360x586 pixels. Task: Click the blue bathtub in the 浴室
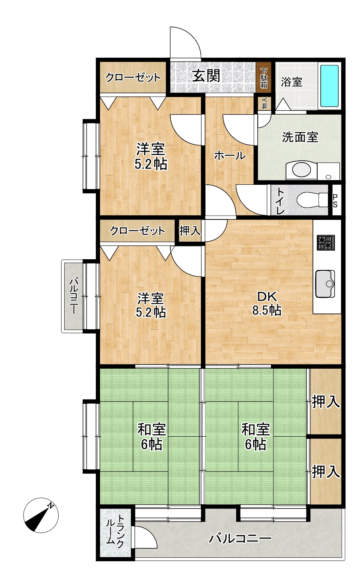[x=329, y=86]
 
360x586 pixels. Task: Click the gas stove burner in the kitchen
[x=326, y=243]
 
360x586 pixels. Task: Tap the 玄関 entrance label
[x=206, y=76]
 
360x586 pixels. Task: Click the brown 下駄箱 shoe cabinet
[x=264, y=77]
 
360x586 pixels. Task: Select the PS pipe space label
[x=335, y=201]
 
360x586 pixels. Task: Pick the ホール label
[x=230, y=156]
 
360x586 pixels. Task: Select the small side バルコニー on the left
[x=72, y=296]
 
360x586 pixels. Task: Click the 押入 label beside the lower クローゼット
[x=190, y=231]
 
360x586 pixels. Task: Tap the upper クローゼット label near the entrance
[x=133, y=77]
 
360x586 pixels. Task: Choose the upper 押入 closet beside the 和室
[x=326, y=401]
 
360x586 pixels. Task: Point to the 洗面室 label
[x=300, y=137]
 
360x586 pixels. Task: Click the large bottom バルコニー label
[x=240, y=539]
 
